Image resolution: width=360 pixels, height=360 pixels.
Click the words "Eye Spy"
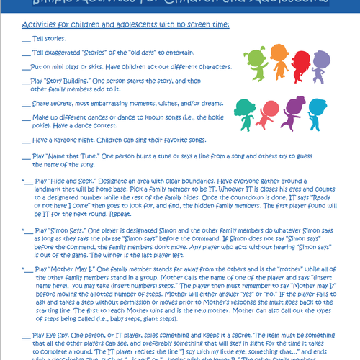(58, 336)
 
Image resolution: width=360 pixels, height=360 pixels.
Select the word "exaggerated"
(67, 53)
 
